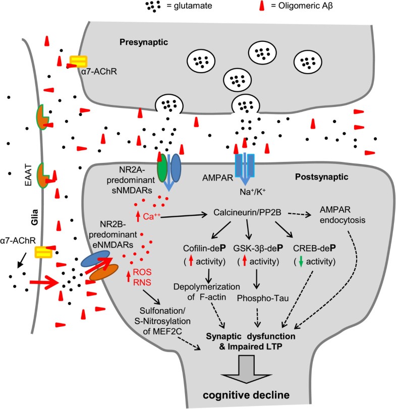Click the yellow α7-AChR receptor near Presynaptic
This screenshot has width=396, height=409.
[x=77, y=61]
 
